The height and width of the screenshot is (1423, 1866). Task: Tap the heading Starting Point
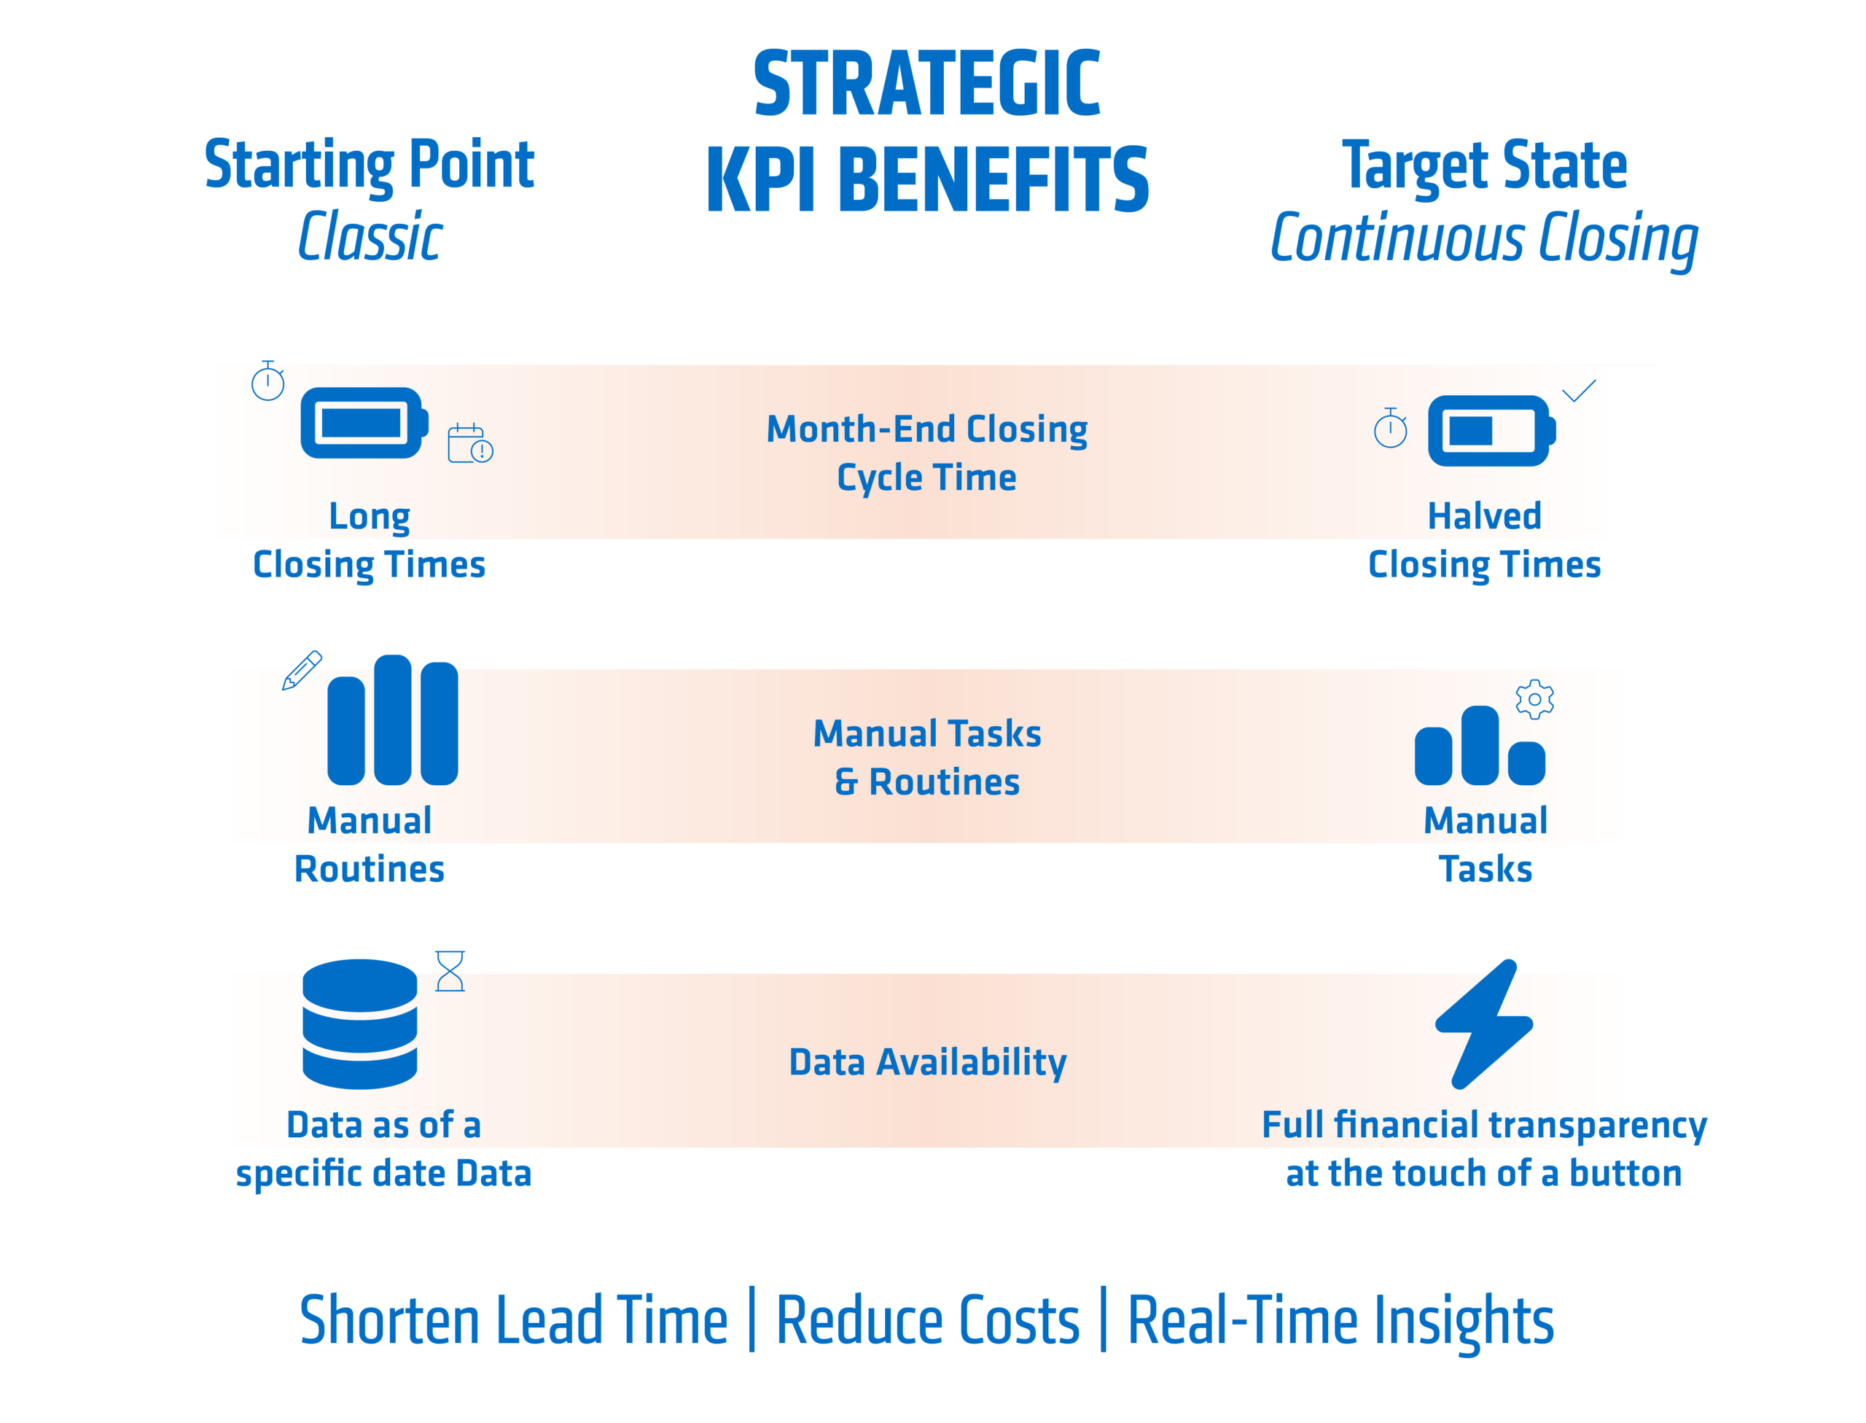[370, 165]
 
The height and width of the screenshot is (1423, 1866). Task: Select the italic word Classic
[370, 236]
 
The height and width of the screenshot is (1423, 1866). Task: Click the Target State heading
[1484, 165]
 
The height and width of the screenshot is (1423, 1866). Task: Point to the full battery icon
[364, 423]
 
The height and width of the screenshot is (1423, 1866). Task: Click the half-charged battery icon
[1491, 430]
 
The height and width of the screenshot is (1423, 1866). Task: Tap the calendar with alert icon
[470, 443]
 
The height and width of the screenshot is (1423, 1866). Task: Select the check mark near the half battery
[1579, 391]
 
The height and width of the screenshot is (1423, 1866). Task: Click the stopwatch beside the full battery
[268, 381]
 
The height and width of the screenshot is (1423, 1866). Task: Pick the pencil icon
[302, 670]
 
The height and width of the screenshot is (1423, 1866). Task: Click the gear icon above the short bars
[1535, 700]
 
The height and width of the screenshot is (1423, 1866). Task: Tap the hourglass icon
[450, 971]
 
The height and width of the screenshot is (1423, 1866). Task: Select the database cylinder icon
[360, 1024]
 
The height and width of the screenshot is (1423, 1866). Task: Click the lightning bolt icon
[1484, 1024]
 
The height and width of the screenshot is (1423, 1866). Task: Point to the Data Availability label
[927, 1063]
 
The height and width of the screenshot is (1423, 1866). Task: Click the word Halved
[1484, 516]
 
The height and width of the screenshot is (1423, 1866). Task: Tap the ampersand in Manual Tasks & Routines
[846, 781]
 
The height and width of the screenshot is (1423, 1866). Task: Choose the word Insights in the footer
[1464, 1322]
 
